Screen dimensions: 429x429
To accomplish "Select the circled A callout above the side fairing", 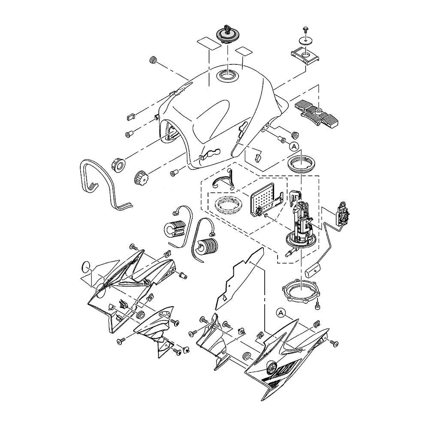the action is [x=281, y=313].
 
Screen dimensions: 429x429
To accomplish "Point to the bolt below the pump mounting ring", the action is [x=317, y=303].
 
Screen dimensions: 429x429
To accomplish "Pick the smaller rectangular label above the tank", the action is [x=244, y=51].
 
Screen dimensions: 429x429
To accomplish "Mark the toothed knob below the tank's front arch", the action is [x=142, y=177].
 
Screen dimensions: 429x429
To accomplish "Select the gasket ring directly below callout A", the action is [x=301, y=164].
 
